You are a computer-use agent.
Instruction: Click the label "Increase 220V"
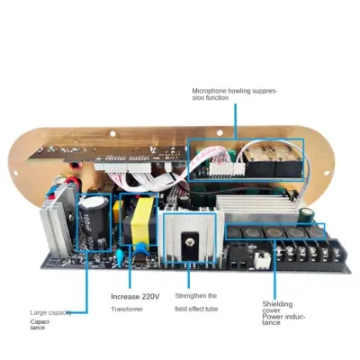135,297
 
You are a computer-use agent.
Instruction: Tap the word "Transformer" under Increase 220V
127,309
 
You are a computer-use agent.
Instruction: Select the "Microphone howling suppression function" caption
235,94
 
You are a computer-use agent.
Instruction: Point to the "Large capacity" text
51,313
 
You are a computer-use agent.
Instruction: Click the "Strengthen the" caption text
196,296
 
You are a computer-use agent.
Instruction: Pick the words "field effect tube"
196,309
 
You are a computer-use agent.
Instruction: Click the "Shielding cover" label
277,307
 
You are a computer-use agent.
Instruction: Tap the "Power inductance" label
283,319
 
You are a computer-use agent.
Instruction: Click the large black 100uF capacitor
94,223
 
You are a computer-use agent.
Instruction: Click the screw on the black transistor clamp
189,241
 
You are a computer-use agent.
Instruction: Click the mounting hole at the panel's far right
327,173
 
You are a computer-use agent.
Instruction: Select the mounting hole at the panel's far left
14,173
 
